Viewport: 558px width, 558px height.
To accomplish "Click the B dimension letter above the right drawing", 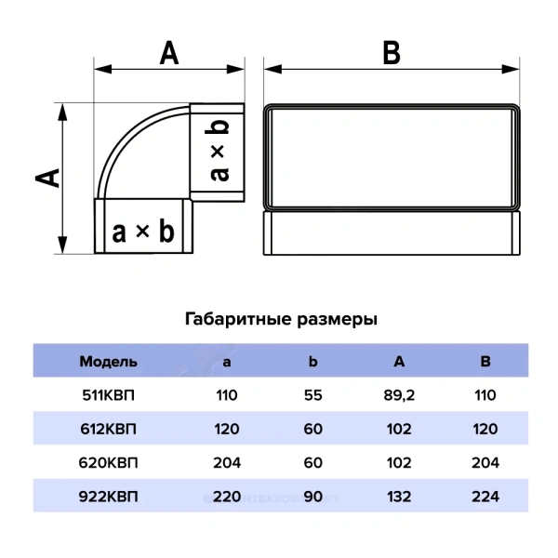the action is coord(392,53).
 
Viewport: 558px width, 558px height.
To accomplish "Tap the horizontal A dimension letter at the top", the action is coord(169,53).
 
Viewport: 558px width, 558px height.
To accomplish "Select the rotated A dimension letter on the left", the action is coord(47,178).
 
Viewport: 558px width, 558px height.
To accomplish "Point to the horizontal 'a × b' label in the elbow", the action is coord(143,232).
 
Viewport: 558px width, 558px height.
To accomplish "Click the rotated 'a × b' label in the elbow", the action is coord(217,151).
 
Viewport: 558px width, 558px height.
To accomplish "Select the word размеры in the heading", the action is coord(337,320).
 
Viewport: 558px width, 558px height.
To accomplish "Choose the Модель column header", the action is coord(108,362).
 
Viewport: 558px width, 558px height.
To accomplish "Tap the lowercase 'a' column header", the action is coord(227,363).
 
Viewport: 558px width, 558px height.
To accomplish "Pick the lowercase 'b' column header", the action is coord(312,361).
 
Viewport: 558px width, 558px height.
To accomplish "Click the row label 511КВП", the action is coord(108,395).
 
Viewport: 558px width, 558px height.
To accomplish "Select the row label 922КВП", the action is coord(108,497).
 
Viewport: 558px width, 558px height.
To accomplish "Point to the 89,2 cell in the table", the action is coord(399,396).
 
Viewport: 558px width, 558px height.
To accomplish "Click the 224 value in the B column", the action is coord(485,497).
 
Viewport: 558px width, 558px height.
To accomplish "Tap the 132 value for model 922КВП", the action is coord(399,497).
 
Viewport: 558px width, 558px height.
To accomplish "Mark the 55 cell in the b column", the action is coord(312,395).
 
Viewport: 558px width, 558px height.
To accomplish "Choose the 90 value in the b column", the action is coord(312,497).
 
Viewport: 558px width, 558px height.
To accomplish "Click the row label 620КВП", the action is coord(108,462).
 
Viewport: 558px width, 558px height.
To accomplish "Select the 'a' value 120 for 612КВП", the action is coord(227,429).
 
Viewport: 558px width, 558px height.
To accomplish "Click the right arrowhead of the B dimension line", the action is coord(511,69).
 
